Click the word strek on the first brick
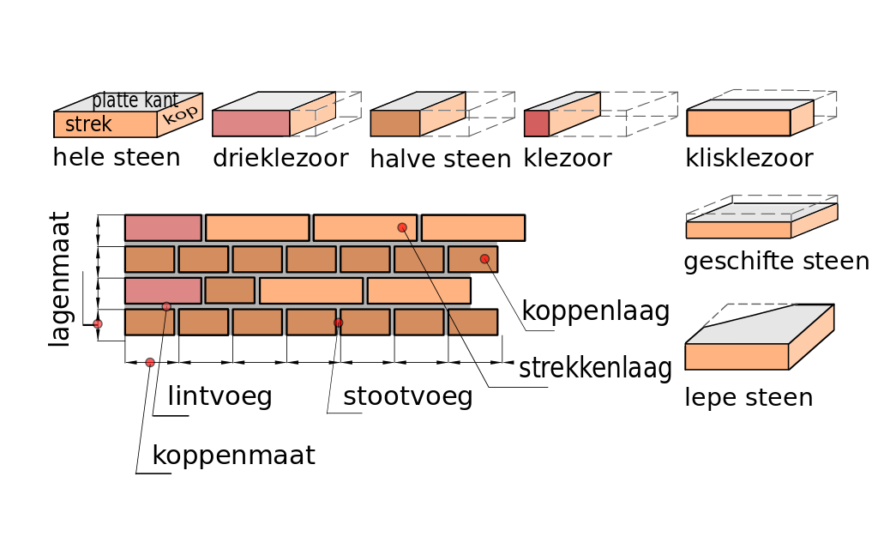[88, 124]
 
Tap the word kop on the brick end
[180, 114]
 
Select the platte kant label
[135, 100]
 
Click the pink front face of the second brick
[250, 123]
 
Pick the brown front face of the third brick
[394, 123]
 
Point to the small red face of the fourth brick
[536, 123]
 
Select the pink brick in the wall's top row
[163, 227]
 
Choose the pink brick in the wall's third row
[163, 290]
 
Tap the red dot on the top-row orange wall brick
[402, 227]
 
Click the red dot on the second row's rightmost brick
[484, 259]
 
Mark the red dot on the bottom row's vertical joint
[339, 323]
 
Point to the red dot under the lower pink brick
[166, 306]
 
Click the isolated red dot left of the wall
[98, 324]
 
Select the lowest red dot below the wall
[150, 363]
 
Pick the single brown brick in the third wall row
[230, 290]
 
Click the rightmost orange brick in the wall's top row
[472, 227]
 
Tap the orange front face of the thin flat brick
[737, 230]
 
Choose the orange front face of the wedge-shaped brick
[736, 357]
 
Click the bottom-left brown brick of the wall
[149, 323]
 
